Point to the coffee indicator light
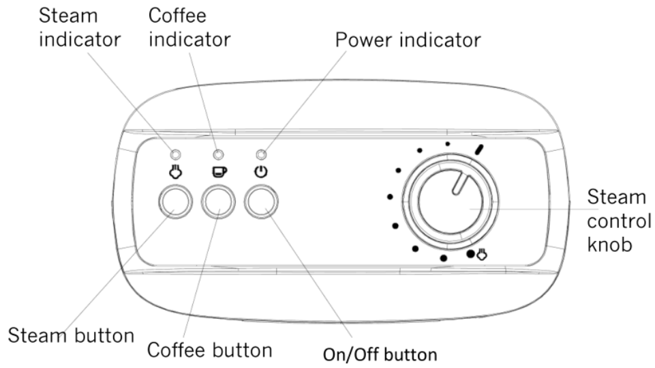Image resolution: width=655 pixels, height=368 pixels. (218, 154)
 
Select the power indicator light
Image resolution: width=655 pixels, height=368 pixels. (261, 154)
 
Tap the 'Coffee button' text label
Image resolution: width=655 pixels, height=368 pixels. (210, 350)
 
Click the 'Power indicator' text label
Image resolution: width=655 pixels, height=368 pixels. (408, 40)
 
